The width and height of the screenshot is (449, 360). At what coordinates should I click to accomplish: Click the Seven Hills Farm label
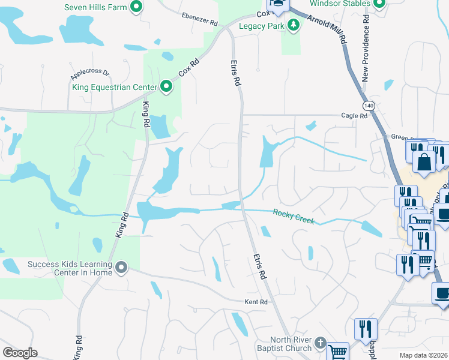pyautogui.click(x=95, y=7)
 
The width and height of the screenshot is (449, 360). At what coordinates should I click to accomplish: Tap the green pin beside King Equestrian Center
pyautogui.click(x=167, y=88)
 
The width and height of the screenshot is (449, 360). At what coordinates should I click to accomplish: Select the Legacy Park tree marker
pyautogui.click(x=294, y=25)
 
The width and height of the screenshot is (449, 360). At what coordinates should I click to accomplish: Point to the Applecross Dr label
pyautogui.click(x=89, y=74)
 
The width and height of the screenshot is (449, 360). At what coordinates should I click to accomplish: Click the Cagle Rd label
pyautogui.click(x=354, y=115)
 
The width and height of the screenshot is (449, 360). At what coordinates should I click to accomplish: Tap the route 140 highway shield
pyautogui.click(x=369, y=105)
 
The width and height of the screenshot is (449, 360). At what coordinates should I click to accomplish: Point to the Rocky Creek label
pyautogui.click(x=294, y=216)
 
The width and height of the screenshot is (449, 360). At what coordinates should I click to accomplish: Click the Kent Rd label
pyautogui.click(x=255, y=302)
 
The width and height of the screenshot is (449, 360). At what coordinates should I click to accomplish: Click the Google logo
pyautogui.click(x=20, y=353)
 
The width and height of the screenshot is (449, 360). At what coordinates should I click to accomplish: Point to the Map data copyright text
pyautogui.click(x=424, y=355)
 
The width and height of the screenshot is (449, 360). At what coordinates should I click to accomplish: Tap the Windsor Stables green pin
pyautogui.click(x=379, y=4)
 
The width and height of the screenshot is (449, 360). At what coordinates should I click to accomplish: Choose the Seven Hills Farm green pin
pyautogui.click(x=136, y=7)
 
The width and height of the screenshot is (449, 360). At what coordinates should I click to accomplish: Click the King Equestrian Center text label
pyautogui.click(x=114, y=88)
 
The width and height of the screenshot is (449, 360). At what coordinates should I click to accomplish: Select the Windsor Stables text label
pyautogui.click(x=339, y=4)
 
